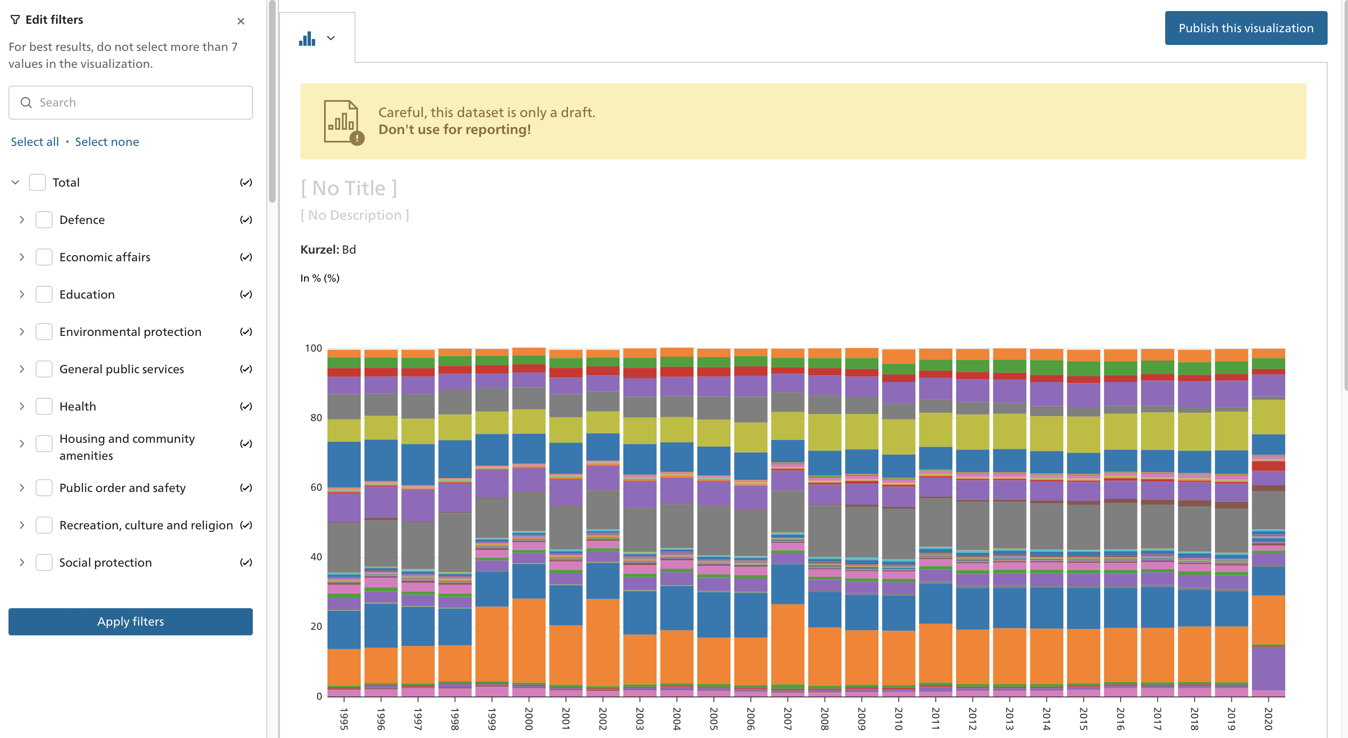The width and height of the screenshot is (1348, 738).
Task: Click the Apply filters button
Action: (x=130, y=621)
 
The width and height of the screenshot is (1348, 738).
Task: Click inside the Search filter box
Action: (x=136, y=103)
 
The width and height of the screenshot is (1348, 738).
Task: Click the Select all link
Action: (x=34, y=142)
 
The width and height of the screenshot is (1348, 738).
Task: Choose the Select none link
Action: (x=107, y=142)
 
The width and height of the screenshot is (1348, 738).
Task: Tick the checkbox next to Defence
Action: (x=44, y=220)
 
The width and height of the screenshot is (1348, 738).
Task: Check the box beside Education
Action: (x=44, y=294)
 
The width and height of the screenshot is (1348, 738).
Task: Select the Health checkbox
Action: (x=44, y=406)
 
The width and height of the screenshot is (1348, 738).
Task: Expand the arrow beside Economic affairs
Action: (x=22, y=257)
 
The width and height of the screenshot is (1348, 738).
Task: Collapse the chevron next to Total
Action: (x=15, y=182)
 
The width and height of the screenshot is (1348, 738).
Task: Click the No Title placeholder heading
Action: (x=349, y=188)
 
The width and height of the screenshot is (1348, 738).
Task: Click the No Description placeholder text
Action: (x=354, y=215)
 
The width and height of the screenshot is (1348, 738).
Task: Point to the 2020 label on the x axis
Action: (x=1267, y=718)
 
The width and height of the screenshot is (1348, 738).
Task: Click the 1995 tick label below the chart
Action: (x=344, y=718)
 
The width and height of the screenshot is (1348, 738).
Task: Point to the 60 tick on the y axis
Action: (x=316, y=487)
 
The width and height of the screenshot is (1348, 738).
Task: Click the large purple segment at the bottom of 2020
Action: (x=1268, y=668)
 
